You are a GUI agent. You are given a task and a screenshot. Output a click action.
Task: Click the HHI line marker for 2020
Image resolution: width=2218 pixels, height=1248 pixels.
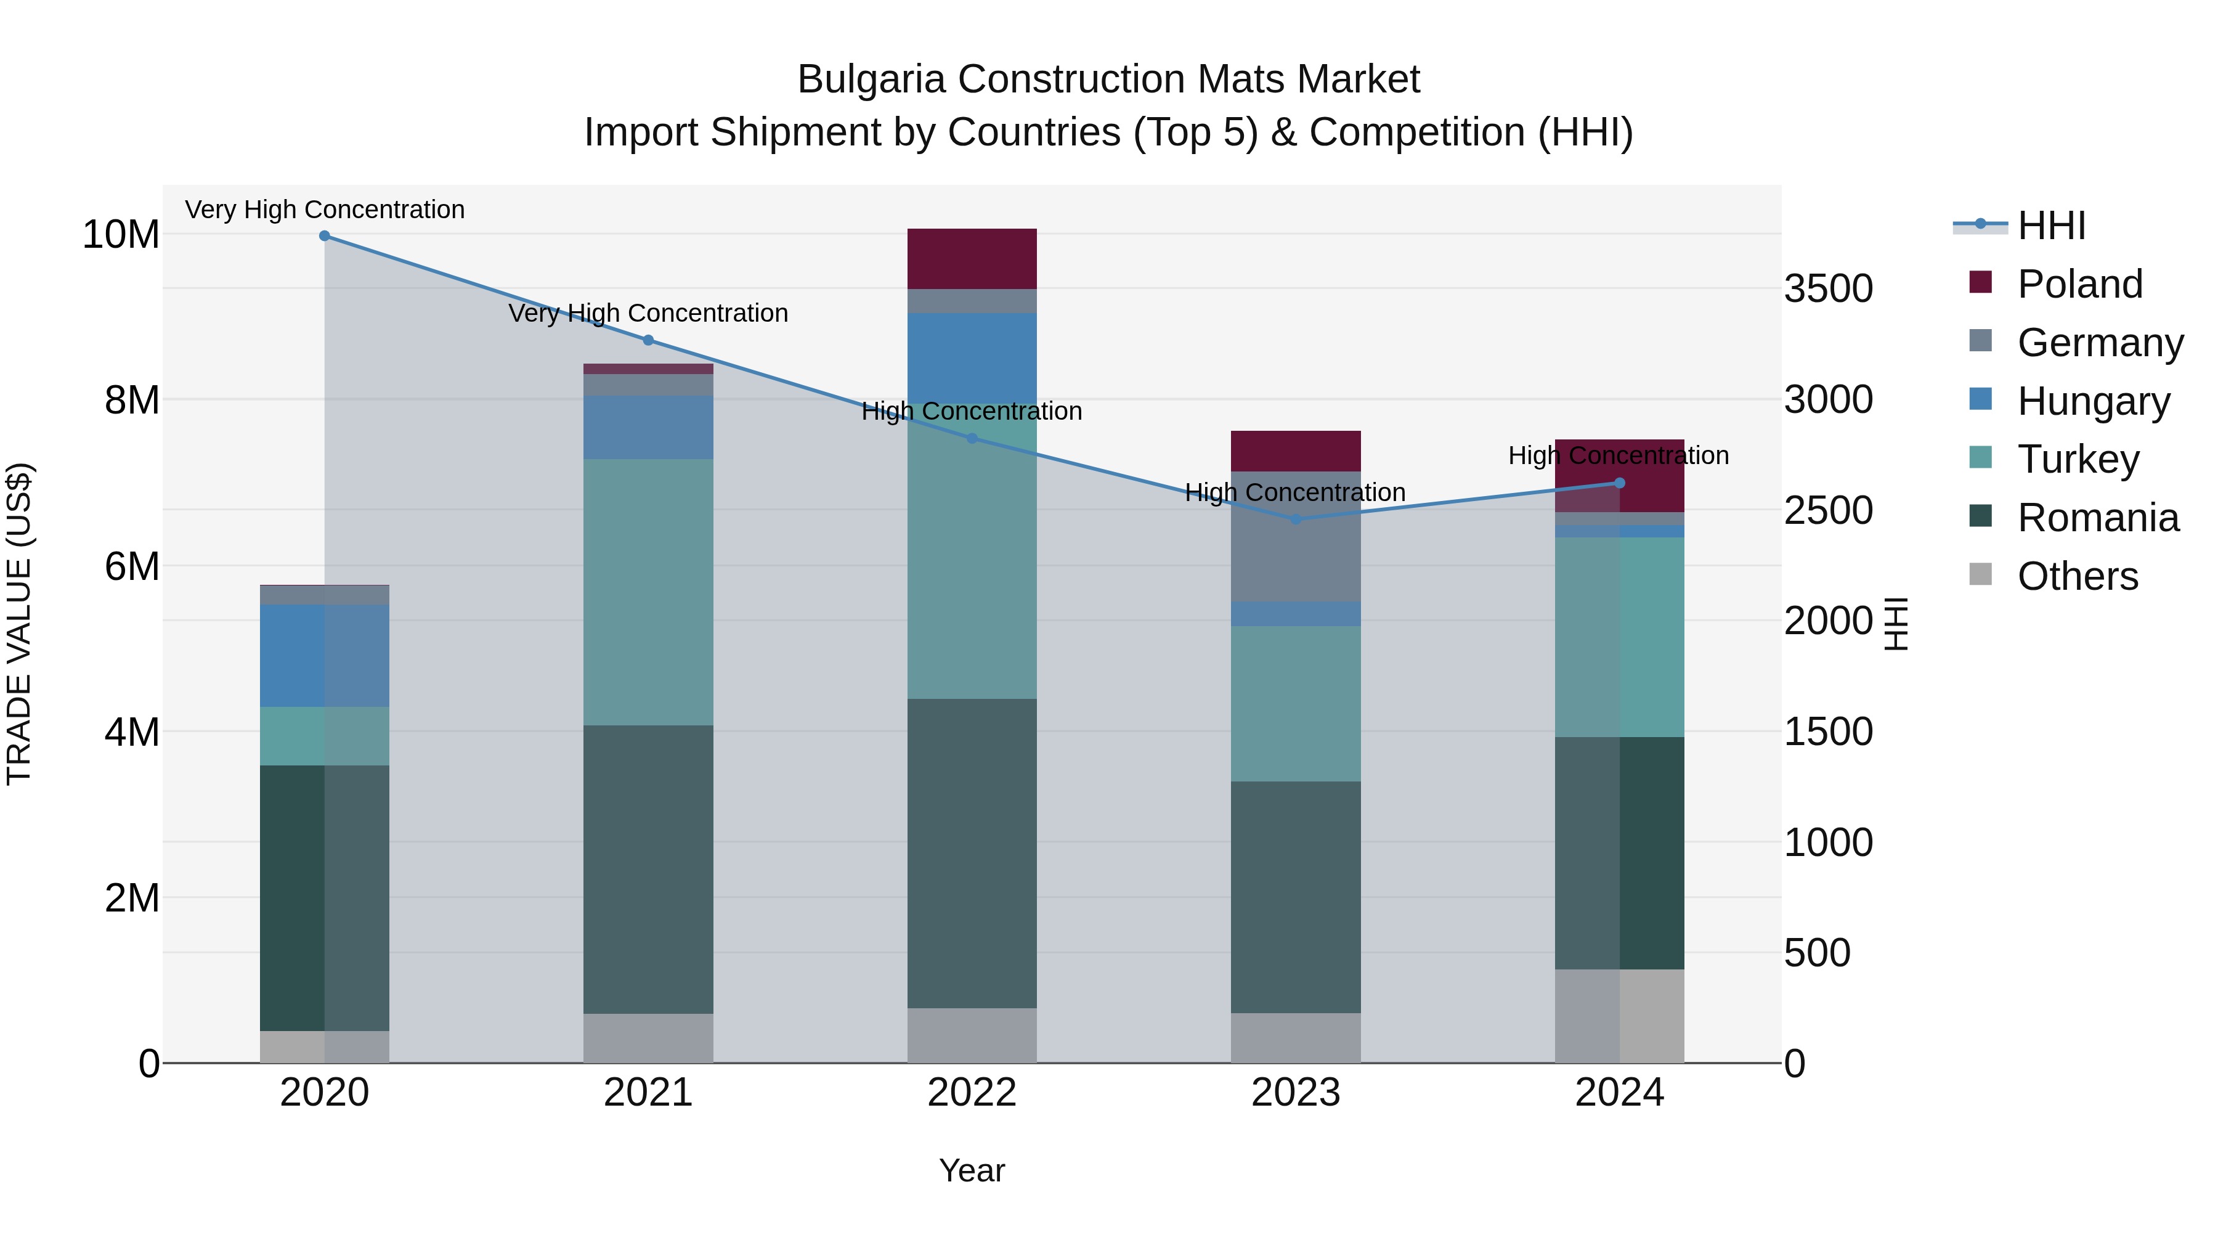click(325, 236)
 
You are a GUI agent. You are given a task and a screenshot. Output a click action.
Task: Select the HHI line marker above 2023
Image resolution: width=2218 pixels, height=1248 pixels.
click(1296, 520)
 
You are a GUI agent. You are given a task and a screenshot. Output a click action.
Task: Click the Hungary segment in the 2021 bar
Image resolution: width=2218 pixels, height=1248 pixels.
click(648, 427)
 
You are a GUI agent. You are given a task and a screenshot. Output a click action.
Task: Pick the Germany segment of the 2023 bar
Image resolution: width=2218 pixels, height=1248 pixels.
click(1295, 537)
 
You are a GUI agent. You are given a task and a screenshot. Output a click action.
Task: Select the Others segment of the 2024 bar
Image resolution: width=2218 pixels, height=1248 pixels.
click(1619, 1016)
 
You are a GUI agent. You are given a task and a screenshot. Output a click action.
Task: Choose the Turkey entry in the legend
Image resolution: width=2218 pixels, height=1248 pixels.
click(2077, 459)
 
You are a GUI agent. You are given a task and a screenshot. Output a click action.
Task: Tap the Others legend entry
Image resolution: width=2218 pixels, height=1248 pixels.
click(2077, 576)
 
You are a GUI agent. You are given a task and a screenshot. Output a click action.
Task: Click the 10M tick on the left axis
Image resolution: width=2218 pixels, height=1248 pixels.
click(121, 234)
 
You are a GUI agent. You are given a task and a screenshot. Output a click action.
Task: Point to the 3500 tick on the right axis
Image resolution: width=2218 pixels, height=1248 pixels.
click(1828, 288)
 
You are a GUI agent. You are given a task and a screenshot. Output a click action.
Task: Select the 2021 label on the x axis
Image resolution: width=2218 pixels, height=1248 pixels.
click(648, 1093)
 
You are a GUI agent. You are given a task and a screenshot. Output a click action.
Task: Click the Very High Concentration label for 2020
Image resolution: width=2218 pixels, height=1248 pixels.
click(325, 210)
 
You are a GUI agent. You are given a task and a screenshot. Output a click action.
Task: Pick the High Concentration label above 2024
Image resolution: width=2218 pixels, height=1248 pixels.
click(1618, 455)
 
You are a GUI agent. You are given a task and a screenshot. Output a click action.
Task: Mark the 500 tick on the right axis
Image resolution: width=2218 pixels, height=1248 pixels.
click(1817, 953)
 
